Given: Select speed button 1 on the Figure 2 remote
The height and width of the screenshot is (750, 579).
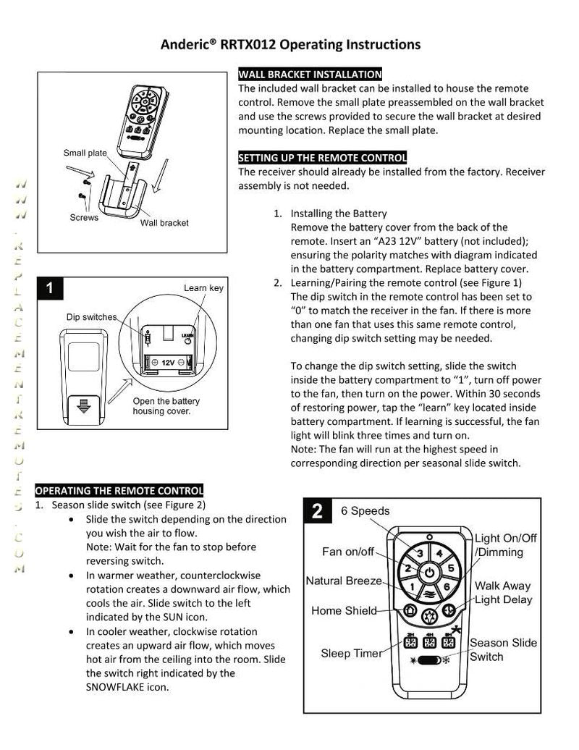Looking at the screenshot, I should click(413, 586).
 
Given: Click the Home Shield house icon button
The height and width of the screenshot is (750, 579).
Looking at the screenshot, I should click(410, 610).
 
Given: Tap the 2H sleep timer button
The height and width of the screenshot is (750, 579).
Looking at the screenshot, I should click(409, 641).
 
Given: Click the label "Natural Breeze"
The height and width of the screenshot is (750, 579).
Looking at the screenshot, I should click(344, 581).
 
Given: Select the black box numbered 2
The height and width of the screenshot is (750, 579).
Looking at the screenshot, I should click(318, 512).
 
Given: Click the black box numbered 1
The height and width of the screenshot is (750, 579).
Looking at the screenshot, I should click(49, 288).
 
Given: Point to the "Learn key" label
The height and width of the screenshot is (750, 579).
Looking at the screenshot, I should click(203, 287).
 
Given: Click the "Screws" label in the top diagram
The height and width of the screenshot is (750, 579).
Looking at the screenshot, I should click(84, 217).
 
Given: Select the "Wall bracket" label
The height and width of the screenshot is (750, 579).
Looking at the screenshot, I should click(164, 222).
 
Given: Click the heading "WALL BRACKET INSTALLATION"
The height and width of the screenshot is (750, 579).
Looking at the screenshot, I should click(310, 75).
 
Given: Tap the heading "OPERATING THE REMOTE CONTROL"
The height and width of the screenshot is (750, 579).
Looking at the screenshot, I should click(119, 490).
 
